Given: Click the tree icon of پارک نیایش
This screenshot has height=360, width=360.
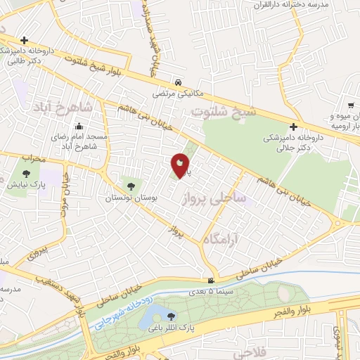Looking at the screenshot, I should (x=26, y=174).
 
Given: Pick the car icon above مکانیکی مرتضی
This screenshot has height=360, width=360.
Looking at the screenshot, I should (x=179, y=82).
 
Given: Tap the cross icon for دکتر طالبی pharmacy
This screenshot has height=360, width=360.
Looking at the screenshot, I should (x=25, y=40).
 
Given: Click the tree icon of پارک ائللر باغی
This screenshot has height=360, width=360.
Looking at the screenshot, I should (x=190, y=315).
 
